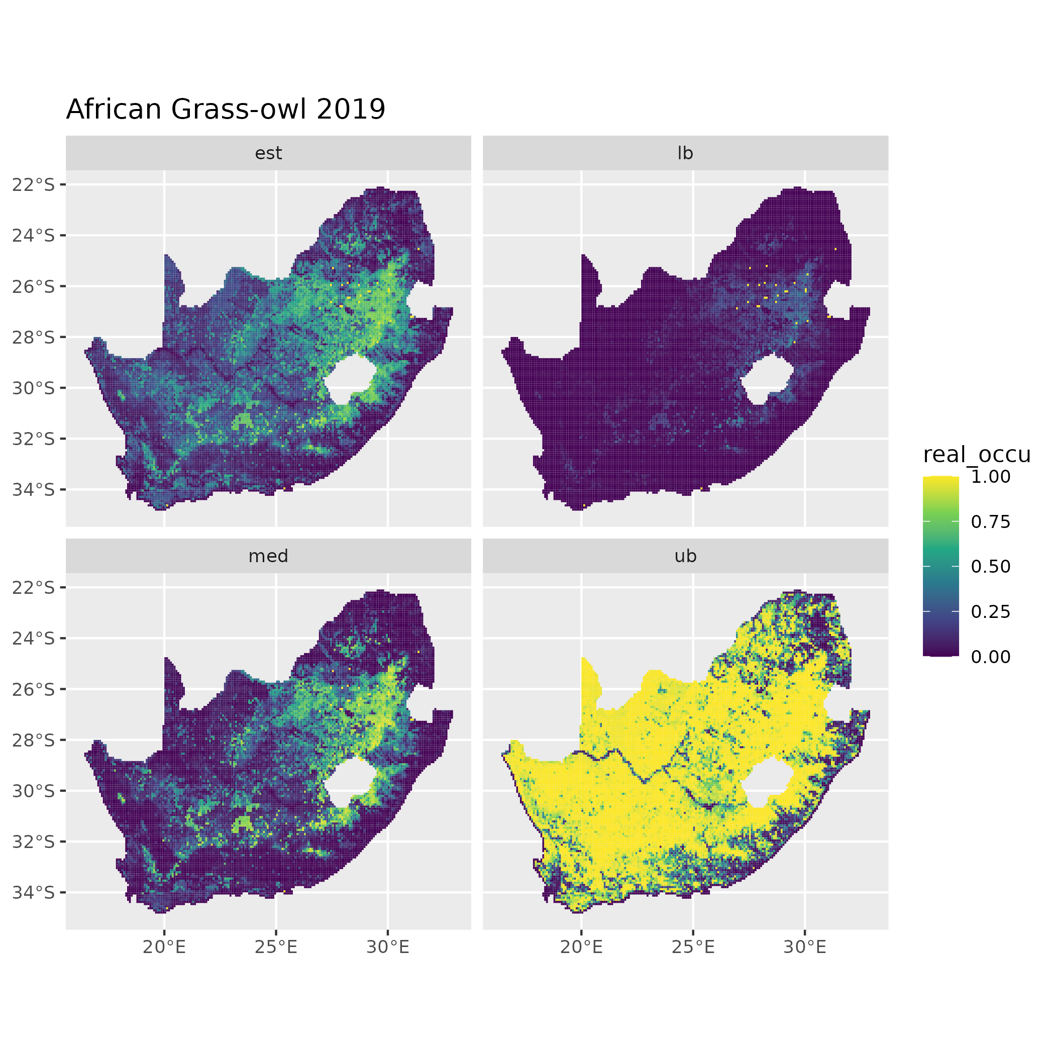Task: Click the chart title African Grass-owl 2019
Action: click(226, 109)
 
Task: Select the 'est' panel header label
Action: click(268, 153)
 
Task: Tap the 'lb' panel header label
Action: click(685, 153)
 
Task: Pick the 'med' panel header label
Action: click(268, 556)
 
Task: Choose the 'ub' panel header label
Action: click(685, 556)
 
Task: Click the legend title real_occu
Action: click(976, 454)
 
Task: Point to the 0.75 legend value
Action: click(991, 522)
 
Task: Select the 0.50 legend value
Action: click(991, 567)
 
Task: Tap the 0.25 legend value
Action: click(991, 611)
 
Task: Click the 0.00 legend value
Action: click(991, 657)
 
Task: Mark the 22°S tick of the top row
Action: click(34, 185)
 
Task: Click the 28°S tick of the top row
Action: click(34, 338)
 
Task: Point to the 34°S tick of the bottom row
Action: click(34, 892)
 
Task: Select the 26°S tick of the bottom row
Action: click(34, 689)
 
